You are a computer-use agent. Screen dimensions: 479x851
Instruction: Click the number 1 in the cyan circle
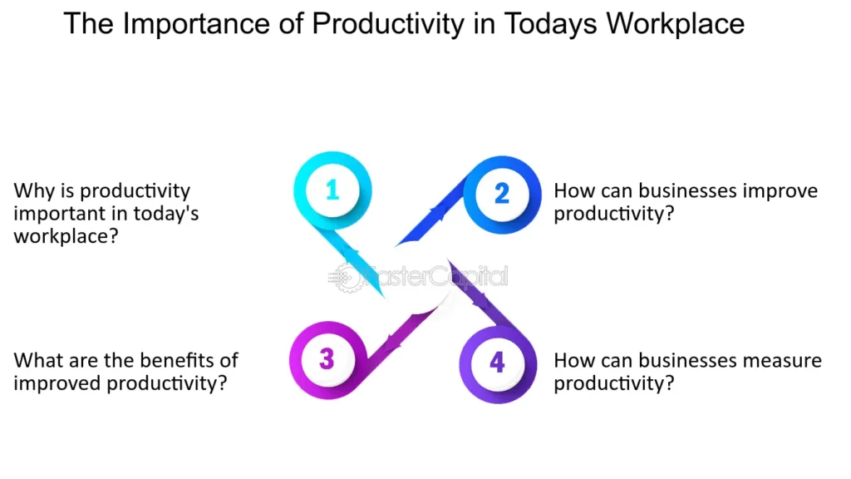coord(332,190)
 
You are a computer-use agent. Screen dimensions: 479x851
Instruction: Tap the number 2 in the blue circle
coord(501,193)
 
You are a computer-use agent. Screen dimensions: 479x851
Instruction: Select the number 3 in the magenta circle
coord(327,359)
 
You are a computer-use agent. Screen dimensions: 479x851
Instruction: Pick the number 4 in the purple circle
coord(497,363)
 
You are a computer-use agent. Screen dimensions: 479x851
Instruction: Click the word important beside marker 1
coord(57,214)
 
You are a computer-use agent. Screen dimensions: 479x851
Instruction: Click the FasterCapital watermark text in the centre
coord(436,275)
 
